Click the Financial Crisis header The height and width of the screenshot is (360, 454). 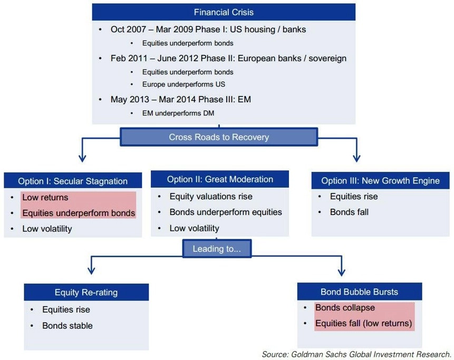click(x=224, y=12)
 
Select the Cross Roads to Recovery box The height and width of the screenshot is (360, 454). click(x=219, y=137)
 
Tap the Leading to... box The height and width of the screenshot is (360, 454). click(x=217, y=249)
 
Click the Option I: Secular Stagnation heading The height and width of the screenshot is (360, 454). click(x=73, y=181)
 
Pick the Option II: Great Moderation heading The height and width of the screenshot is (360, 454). click(x=220, y=179)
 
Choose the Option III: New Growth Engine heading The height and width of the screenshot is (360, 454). click(x=380, y=181)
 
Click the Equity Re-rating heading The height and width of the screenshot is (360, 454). click(x=86, y=293)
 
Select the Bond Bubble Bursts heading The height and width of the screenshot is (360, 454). click(x=359, y=291)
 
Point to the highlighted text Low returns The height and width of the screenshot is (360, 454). click(x=45, y=197)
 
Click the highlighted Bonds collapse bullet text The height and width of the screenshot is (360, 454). click(x=345, y=307)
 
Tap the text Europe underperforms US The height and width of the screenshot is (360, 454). click(x=183, y=84)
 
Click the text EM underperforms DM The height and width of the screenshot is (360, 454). click(x=178, y=113)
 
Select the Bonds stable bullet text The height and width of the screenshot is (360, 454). click(x=67, y=326)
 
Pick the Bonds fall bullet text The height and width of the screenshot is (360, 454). click(x=349, y=212)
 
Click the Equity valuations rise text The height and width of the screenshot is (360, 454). click(x=211, y=197)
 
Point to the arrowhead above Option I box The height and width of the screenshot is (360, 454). click(x=82, y=159)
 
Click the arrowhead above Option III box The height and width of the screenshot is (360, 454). click(x=356, y=159)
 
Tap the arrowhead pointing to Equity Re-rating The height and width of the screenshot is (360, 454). click(x=92, y=271)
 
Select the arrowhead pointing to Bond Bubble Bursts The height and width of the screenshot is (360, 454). click(x=342, y=272)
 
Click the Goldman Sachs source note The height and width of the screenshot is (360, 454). click(x=356, y=354)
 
